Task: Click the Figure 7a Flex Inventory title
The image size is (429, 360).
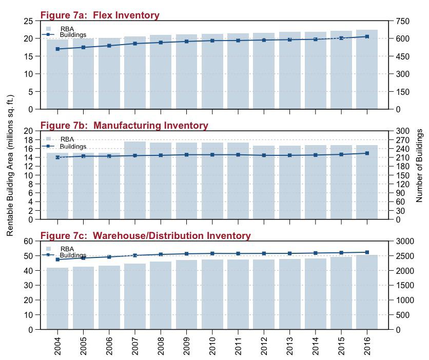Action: pos(100,15)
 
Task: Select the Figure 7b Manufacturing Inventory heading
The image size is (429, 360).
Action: pos(124,125)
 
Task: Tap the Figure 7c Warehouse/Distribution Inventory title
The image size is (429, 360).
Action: pos(146,235)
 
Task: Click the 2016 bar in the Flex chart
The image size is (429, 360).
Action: pos(367,69)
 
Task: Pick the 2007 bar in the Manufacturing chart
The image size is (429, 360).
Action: pos(135,181)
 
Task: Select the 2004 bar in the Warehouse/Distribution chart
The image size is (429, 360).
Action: pos(57,298)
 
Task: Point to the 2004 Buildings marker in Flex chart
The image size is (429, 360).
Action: pos(57,49)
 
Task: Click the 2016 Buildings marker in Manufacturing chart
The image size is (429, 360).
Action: pos(367,153)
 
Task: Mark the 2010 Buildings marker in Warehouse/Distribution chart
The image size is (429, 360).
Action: pos(212,254)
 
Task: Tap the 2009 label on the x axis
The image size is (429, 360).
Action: pos(187,346)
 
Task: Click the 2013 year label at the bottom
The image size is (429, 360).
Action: pos(290,346)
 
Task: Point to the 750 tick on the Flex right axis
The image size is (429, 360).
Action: pos(402,22)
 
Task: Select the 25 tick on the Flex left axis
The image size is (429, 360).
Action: pos(28,22)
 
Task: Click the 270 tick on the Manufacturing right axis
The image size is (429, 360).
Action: pos(402,140)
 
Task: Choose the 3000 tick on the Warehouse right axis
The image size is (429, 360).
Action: pos(405,242)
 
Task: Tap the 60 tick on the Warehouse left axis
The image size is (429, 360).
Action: pos(28,242)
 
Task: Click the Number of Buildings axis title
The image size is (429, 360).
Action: pos(419,166)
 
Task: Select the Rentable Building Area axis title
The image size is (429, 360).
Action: pos(10,166)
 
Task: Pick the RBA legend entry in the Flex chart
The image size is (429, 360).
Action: pos(60,29)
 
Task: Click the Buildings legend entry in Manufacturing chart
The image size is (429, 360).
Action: pos(64,147)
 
